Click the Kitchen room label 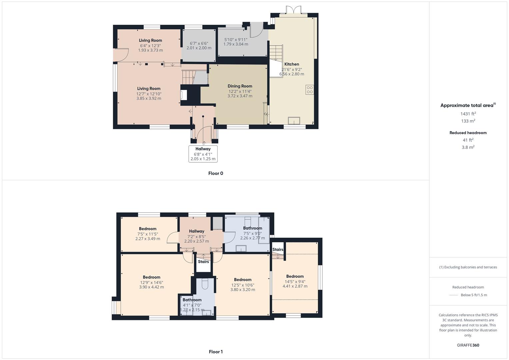click(x=292, y=64)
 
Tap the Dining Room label click(x=240, y=86)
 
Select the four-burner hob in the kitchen click(x=309, y=90)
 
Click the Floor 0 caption click(x=216, y=173)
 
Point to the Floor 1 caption click(x=216, y=352)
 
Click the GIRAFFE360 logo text click(x=468, y=345)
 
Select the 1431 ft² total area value click(x=468, y=114)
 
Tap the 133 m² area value click(x=468, y=121)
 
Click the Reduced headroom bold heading click(x=468, y=133)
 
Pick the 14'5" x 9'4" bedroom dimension click(x=295, y=282)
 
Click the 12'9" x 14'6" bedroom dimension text click(x=152, y=283)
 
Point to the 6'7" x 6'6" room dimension click(x=199, y=43)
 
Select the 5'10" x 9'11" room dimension click(x=236, y=40)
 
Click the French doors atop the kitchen click(x=294, y=10)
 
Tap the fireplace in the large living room click(x=184, y=95)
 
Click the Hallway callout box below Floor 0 click(x=203, y=154)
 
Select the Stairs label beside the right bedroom click(x=278, y=250)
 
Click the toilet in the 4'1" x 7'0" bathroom click(x=205, y=284)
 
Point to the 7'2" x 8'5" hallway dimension click(x=197, y=237)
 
